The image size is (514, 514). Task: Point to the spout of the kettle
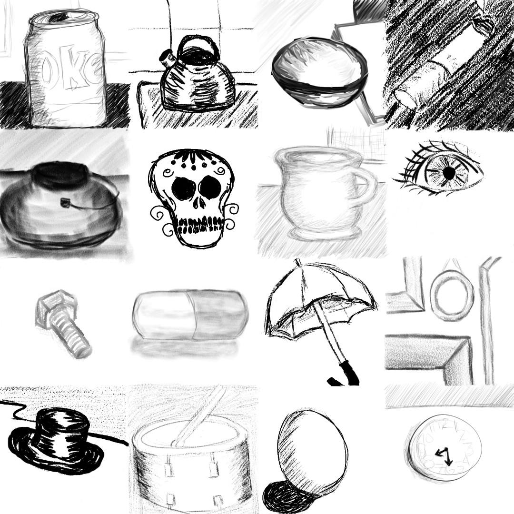click(167, 59)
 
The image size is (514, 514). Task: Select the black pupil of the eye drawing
click(448, 174)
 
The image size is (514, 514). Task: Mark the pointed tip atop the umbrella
click(297, 261)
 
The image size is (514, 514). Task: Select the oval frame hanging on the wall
click(452, 295)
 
